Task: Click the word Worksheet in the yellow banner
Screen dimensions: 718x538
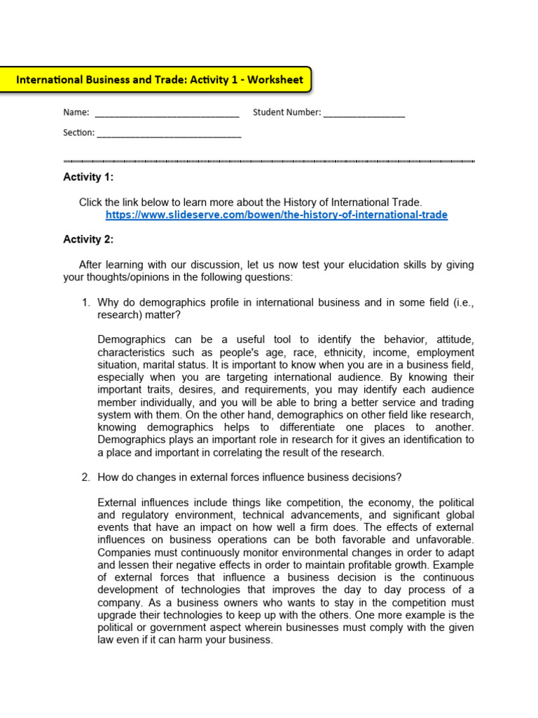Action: pos(275,80)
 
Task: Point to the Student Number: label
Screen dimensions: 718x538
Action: pos(287,112)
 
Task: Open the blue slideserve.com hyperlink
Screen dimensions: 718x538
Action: pos(276,215)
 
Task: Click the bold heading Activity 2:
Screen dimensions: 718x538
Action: pos(88,239)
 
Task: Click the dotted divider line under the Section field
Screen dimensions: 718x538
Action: pos(269,161)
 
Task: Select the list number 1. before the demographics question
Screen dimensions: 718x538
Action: pos(86,302)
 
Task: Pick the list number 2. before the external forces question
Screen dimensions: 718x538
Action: pos(86,477)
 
